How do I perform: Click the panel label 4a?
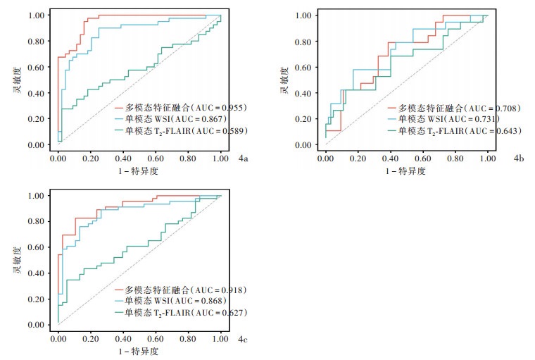[x=243, y=160]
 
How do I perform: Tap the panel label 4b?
[x=519, y=160]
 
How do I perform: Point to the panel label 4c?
[x=243, y=340]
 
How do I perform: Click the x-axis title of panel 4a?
[x=139, y=171]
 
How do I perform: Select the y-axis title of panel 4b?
[x=284, y=80]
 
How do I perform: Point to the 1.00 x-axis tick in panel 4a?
[x=220, y=161]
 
